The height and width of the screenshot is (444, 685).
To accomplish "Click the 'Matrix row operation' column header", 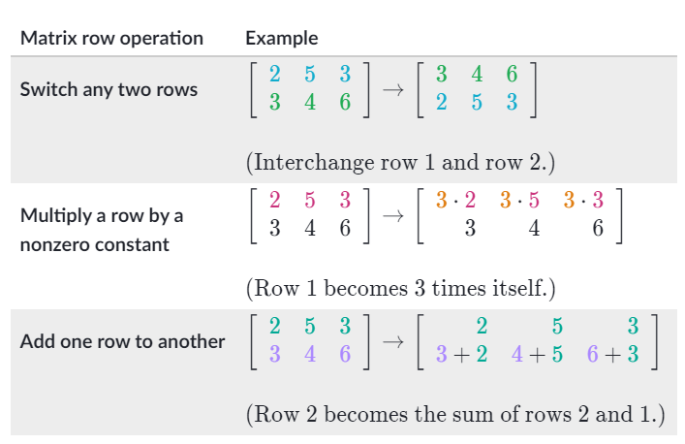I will click(111, 39).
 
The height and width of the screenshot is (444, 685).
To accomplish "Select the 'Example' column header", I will click(281, 39).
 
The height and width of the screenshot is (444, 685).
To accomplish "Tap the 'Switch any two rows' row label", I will click(109, 89).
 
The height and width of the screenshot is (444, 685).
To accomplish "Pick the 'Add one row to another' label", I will click(122, 341).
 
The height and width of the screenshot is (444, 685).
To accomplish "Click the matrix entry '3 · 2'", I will click(455, 201).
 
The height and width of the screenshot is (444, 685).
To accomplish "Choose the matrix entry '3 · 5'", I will click(519, 201).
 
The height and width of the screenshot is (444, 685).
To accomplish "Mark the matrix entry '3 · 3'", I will click(583, 201).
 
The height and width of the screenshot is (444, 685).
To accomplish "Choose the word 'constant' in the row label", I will click(134, 244).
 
